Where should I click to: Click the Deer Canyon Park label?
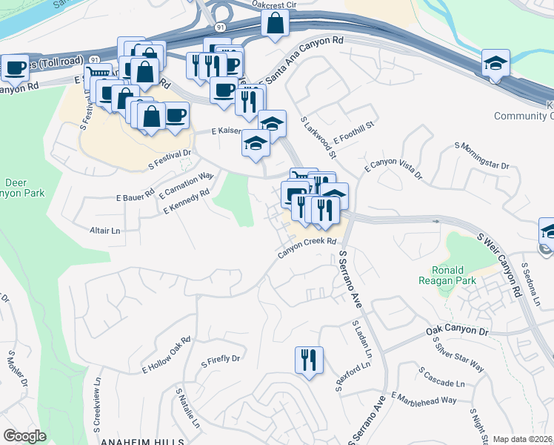click(25, 188)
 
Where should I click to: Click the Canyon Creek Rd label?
click(307, 247)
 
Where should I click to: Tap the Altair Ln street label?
click(104, 231)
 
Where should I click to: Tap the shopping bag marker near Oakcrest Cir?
click(275, 23)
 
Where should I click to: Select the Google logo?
click(25, 436)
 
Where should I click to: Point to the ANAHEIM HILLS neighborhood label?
click(143, 441)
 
